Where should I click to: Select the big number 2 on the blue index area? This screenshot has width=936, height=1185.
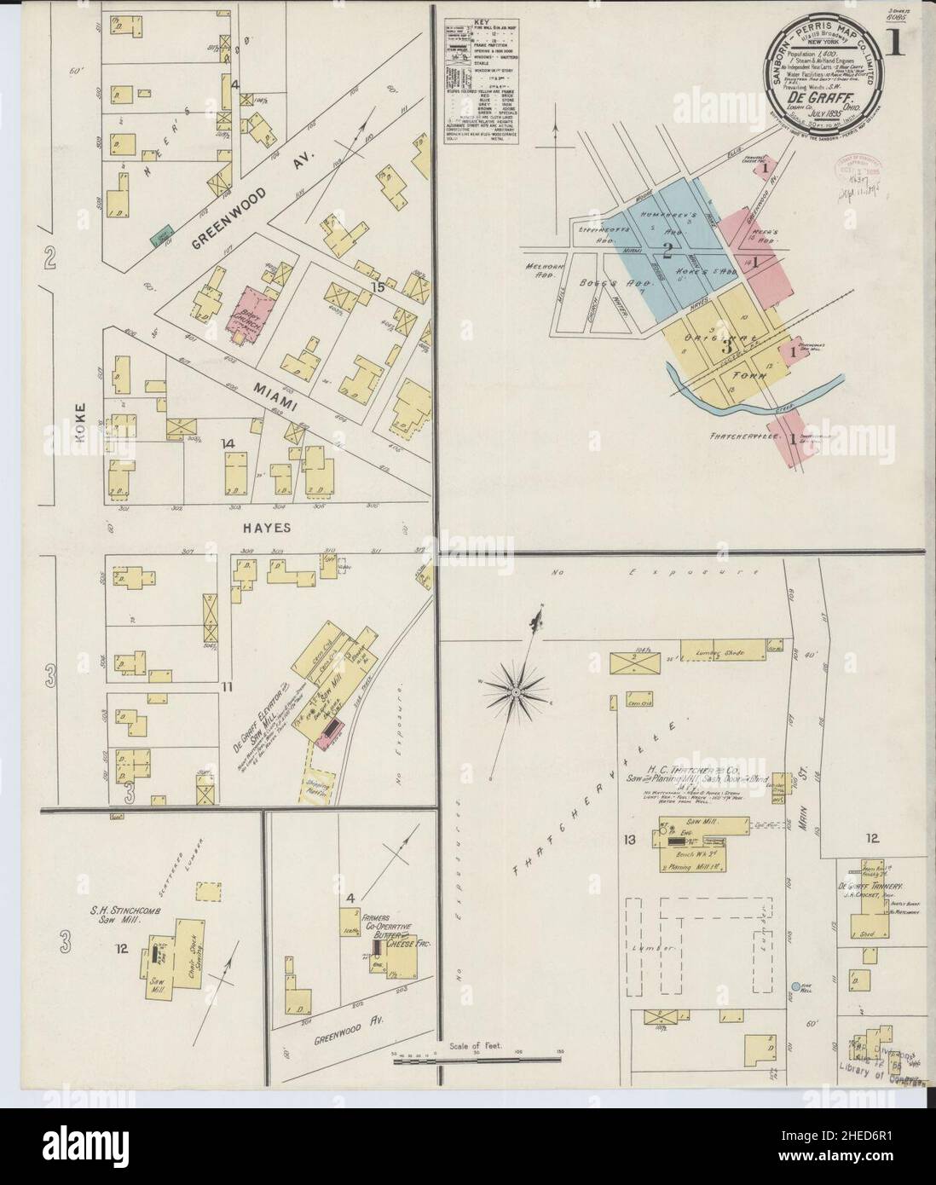click(x=668, y=250)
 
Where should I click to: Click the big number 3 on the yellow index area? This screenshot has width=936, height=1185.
click(x=727, y=347)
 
